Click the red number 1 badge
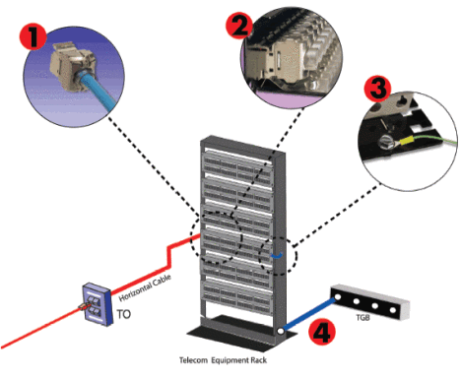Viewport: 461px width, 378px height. coord(33,37)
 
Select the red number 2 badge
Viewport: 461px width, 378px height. coord(239,26)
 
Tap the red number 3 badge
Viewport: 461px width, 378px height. coord(378,89)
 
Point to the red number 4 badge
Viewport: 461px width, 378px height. coord(322,332)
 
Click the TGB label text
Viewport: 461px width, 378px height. coord(362,317)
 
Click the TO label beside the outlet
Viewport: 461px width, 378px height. coord(124,314)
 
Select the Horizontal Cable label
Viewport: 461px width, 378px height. coord(145,287)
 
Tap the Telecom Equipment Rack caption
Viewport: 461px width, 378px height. coord(223,360)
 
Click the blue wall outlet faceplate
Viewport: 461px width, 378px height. coord(97,304)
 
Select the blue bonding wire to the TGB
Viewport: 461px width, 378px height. coord(309,314)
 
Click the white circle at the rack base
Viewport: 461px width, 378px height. coord(281,331)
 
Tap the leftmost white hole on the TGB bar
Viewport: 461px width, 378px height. coord(338,298)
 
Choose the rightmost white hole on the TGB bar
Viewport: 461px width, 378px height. coord(393,309)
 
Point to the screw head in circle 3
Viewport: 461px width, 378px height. coord(384,143)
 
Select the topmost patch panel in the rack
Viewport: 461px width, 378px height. coord(237,165)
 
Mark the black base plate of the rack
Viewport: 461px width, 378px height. coord(242,332)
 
